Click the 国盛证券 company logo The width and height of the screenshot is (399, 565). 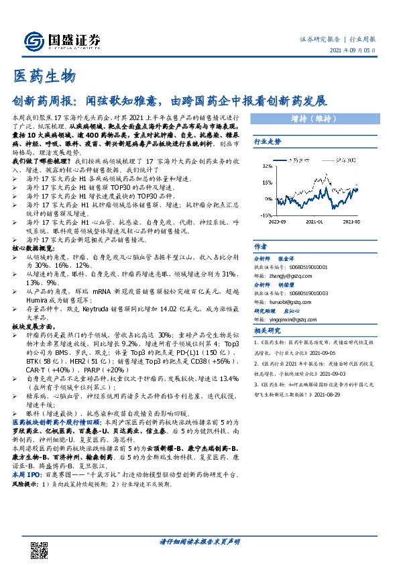(x=64, y=41)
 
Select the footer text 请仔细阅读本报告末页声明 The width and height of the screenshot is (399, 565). (x=199, y=542)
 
